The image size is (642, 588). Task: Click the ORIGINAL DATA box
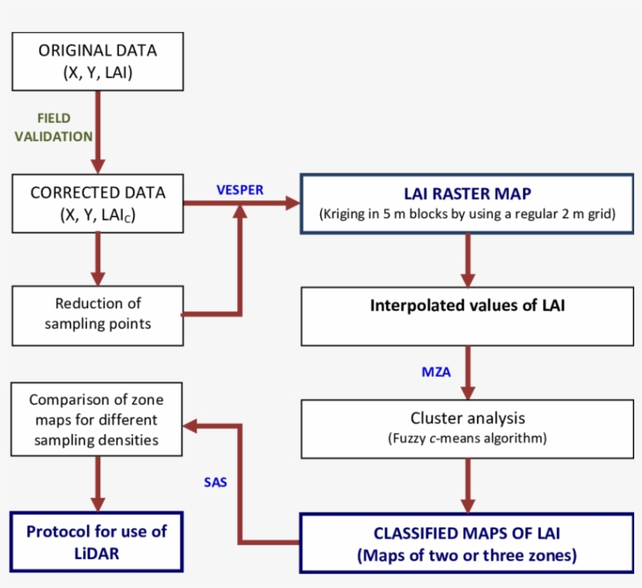97,61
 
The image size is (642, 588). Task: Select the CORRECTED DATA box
97,203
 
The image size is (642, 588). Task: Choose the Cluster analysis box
467,428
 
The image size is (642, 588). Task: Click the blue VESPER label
240,189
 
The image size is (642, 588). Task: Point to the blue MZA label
436,372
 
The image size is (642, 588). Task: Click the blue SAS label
215,482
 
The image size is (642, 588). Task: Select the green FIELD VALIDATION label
53,127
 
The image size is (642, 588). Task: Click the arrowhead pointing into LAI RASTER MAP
293,203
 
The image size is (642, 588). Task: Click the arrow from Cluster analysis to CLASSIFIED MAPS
468,485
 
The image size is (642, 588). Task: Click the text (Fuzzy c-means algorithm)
467,438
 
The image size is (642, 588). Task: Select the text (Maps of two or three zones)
467,556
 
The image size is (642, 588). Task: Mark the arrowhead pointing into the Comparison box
190,426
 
